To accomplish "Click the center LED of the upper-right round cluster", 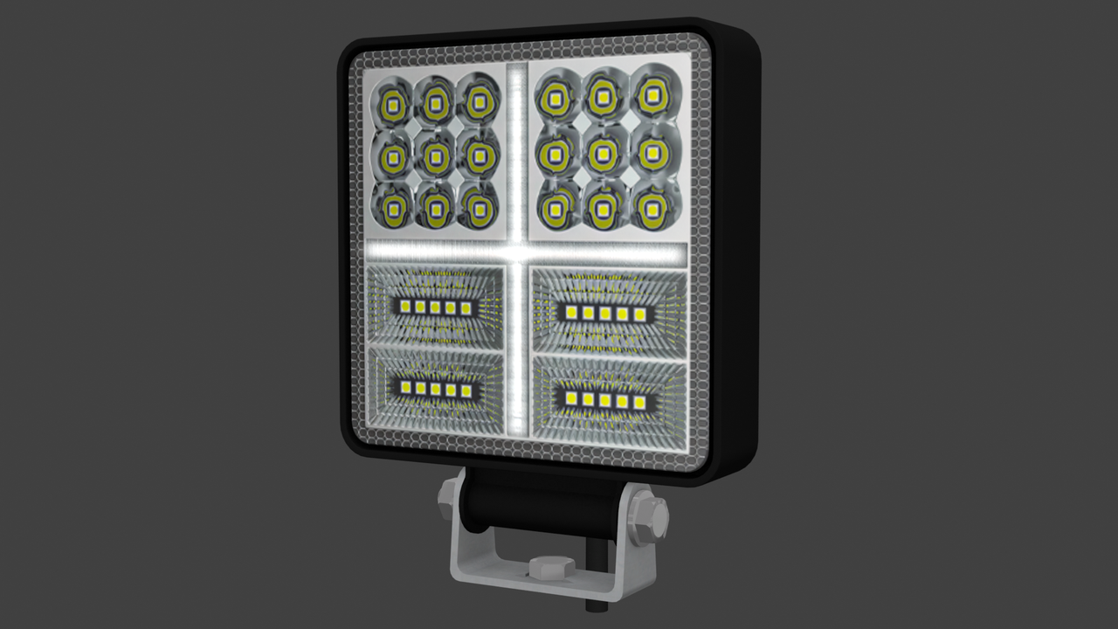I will click(601, 156).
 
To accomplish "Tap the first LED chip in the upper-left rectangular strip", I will click(405, 307).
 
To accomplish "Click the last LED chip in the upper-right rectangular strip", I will click(640, 314).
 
